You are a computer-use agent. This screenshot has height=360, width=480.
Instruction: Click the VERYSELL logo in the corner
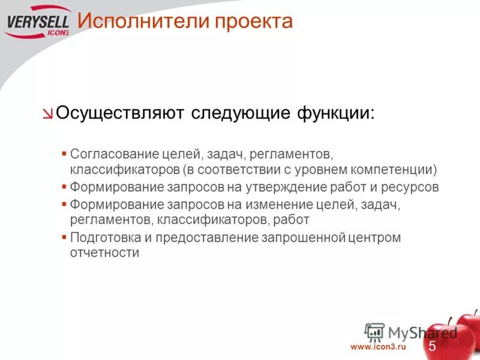coord(37,24)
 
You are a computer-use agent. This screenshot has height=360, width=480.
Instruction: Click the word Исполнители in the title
coord(139,22)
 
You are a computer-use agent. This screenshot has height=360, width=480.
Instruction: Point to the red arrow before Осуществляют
coord(48,114)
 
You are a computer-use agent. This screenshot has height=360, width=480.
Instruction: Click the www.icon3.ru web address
coord(378,347)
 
